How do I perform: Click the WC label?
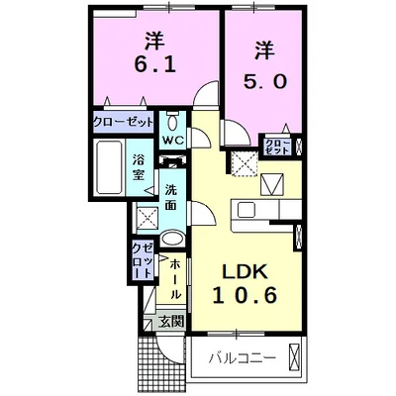pyautogui.click(x=173, y=141)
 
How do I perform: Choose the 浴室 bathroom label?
pyautogui.click(x=141, y=163)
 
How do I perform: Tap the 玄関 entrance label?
pyautogui.click(x=170, y=321)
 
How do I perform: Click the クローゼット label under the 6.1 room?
pyautogui.click(x=123, y=122)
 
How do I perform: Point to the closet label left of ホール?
pyautogui.click(x=141, y=259)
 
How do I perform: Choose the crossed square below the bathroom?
pyautogui.click(x=146, y=217)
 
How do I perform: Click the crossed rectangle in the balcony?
pyautogui.click(x=295, y=353)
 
